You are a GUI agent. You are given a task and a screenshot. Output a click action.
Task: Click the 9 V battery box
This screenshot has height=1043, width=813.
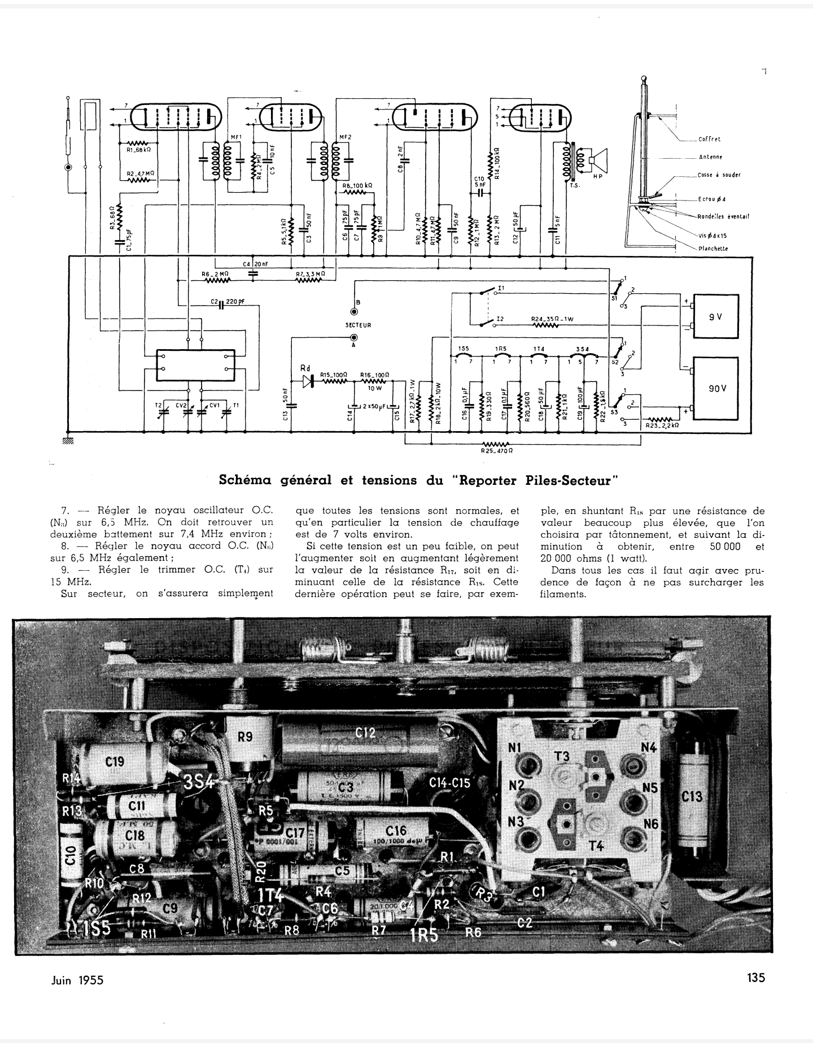click(715, 316)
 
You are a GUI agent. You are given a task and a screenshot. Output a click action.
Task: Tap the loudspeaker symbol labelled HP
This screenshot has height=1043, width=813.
click(597, 160)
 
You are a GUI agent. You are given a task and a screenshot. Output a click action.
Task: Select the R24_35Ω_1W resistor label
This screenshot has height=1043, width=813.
click(552, 319)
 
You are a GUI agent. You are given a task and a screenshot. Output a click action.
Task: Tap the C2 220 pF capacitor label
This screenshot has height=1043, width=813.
click(228, 302)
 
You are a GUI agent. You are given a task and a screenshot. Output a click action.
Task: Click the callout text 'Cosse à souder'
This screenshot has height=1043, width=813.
click(719, 175)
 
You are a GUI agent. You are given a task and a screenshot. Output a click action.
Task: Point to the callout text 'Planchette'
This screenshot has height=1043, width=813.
click(713, 249)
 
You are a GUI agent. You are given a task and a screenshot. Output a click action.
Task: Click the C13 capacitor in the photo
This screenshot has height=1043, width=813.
click(692, 797)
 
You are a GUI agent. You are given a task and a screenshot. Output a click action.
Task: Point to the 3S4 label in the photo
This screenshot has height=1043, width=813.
click(199, 783)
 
